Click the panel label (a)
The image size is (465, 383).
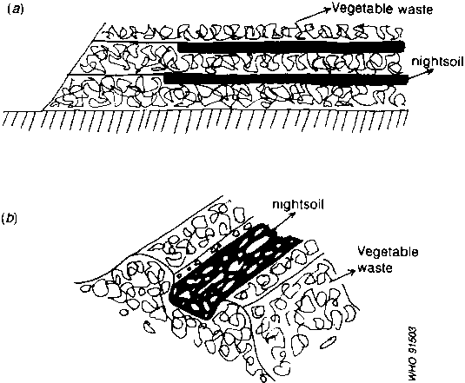pos(13,10)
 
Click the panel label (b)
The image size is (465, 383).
pos(10,218)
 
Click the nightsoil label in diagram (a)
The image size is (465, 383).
pos(437,62)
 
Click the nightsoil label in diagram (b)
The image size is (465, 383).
pos(298,205)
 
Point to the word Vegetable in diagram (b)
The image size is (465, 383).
pos(388,252)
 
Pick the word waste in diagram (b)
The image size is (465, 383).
pos(375,267)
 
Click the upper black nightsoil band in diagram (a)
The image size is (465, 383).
pos(291,47)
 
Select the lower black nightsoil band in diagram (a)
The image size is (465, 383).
pos(286,79)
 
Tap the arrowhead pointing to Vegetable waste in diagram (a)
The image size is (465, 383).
pos(328,10)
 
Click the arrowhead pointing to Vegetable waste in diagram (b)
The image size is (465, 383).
pos(352,271)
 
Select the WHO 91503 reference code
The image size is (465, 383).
pos(413,353)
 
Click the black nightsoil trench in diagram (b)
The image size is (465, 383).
pos(235,273)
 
